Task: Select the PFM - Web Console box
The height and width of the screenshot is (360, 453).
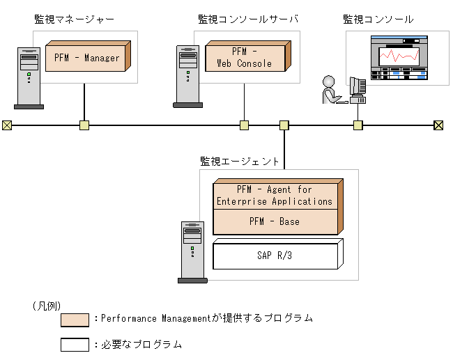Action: [x=245, y=58]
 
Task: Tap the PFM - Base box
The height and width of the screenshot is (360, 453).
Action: [x=274, y=221]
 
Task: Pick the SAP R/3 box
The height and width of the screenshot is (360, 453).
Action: [x=274, y=256]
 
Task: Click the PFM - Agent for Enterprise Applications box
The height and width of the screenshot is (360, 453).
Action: [x=274, y=196]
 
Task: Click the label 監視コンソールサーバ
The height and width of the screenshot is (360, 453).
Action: [x=248, y=19]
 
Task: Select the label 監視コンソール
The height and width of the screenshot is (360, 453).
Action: [x=378, y=19]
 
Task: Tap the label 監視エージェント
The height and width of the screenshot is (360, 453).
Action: [x=239, y=162]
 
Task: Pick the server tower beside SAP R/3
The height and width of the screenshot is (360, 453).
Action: [x=192, y=251]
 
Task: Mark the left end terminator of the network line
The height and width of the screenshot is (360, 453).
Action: [x=7, y=125]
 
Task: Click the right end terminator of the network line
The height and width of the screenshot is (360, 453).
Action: [x=438, y=125]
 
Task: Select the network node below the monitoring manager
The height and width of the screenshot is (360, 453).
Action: [x=84, y=125]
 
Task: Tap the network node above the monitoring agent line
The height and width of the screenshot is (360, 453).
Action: [x=284, y=125]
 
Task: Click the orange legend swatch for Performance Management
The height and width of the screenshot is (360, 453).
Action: [x=75, y=320]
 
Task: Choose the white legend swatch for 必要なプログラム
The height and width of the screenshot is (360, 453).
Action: [x=75, y=344]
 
